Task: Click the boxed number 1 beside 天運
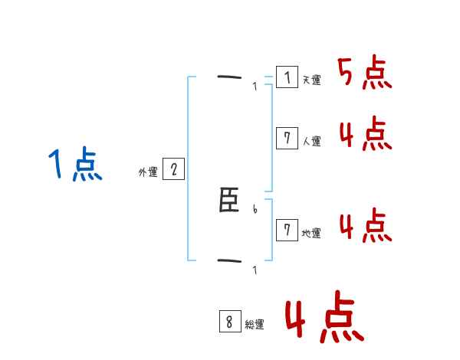[287, 77]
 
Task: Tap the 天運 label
[311, 80]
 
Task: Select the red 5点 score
[364, 74]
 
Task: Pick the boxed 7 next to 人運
[287, 138]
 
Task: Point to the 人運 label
[311, 141]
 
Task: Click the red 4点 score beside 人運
[365, 134]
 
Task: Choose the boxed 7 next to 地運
[287, 230]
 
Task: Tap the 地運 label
[311, 233]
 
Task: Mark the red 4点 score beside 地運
[365, 226]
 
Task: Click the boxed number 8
[229, 322]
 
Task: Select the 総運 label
[254, 325]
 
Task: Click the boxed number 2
[173, 169]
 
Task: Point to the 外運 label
[148, 172]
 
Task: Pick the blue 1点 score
[74, 165]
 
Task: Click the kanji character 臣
[229, 203]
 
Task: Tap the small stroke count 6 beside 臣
[255, 209]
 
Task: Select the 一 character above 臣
[229, 77]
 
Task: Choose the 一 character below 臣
[229, 261]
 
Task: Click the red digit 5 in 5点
[347, 74]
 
